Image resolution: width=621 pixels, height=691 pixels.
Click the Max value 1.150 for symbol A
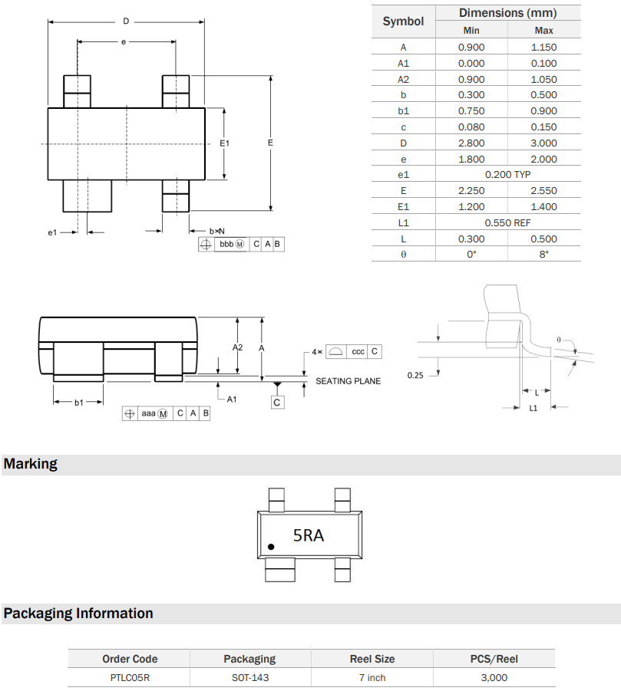543,47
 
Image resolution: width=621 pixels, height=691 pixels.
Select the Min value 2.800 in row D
471,143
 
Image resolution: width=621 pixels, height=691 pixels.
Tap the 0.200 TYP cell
507,175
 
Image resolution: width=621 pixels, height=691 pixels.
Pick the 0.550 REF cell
507,222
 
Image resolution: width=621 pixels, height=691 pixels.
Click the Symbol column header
403,21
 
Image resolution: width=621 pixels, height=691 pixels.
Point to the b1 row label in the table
403,111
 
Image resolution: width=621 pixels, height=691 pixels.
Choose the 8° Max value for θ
543,254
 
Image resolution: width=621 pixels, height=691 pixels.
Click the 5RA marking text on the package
309,535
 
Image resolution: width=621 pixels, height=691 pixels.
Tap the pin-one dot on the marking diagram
271,547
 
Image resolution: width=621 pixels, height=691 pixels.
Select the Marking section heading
31,464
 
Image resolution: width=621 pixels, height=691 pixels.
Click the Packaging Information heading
78,614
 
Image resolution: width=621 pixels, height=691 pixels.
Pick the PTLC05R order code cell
130,677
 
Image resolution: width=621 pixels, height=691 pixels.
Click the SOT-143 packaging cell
249,677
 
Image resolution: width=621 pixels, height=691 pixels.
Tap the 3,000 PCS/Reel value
494,677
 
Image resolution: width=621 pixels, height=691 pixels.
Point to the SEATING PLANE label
348,381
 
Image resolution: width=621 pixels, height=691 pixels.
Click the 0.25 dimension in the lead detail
415,375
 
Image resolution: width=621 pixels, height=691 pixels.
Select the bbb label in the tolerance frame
226,245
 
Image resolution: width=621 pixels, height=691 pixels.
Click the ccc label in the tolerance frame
358,351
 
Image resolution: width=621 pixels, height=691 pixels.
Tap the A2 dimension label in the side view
238,347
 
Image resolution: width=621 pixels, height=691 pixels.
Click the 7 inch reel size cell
372,677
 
